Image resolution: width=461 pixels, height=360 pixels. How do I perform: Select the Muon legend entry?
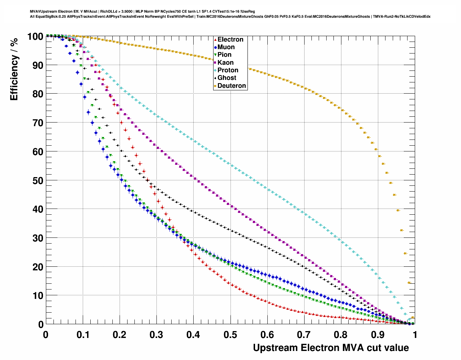click(226, 47)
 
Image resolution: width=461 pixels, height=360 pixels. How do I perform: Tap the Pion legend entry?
click(224, 55)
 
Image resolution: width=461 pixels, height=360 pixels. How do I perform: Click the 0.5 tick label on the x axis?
click(231, 335)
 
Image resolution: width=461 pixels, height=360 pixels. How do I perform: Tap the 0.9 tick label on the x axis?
click(378, 335)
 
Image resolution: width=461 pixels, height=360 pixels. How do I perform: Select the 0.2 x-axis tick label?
click(120, 335)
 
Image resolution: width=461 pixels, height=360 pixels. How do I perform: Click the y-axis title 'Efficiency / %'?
click(14, 69)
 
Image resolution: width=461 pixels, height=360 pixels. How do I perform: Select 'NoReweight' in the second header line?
click(157, 17)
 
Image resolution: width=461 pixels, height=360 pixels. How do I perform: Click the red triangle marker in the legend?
click(215, 39)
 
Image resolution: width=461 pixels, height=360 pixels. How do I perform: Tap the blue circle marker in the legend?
click(215, 47)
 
